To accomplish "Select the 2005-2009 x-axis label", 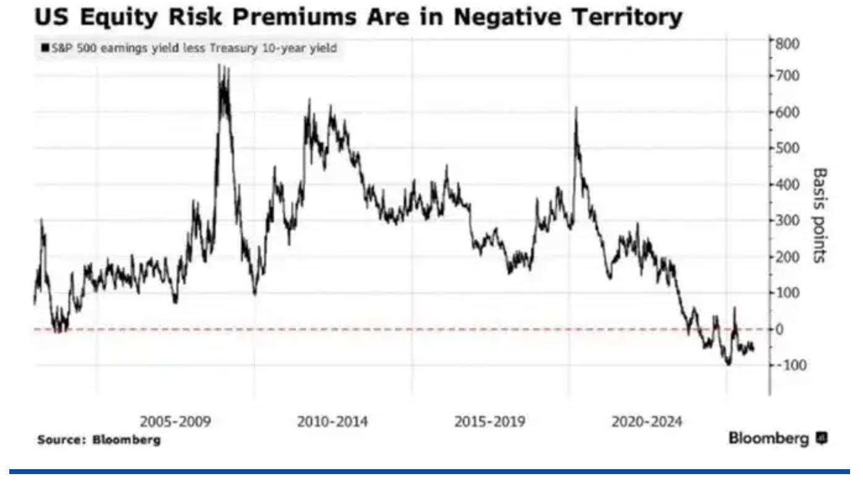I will click(176, 422).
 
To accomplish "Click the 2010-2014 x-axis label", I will click(333, 422).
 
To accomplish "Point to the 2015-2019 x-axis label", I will click(490, 422).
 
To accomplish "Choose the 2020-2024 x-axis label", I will click(647, 422).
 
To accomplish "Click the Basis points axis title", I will click(819, 214).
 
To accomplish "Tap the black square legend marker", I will click(44, 48).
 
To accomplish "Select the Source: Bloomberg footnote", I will click(99, 440).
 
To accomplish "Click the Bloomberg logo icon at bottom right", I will click(822, 439).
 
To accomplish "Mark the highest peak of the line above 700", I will click(220, 66).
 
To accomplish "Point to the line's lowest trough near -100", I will click(729, 364).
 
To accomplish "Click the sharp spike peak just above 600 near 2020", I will click(576, 109).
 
